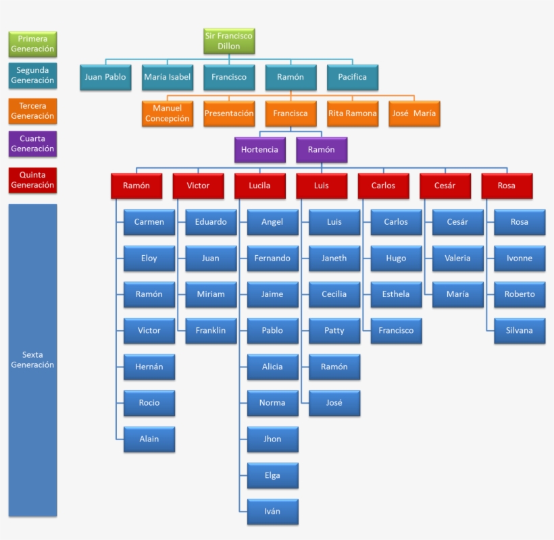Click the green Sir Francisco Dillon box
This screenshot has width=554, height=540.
coord(229,41)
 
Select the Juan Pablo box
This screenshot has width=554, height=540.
coord(105,78)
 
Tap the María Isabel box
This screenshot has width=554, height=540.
coord(167,78)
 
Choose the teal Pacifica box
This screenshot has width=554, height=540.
coord(352,78)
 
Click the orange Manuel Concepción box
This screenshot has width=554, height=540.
coord(167,113)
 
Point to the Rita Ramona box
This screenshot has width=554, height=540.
coord(352,113)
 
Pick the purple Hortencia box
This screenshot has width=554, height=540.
coord(259,150)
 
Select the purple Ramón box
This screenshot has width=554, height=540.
coord(322,150)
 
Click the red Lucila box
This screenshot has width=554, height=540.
coord(259,186)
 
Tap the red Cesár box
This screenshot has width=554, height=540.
coord(445,186)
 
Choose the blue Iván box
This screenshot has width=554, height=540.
coord(272,512)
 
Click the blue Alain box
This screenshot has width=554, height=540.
coord(149,439)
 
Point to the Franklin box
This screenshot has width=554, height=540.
coord(211,331)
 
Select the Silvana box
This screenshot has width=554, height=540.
coord(520,331)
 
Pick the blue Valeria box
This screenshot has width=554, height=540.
coord(457,259)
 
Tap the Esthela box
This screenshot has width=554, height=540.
coord(396,294)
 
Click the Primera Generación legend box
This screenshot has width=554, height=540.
coord(32,44)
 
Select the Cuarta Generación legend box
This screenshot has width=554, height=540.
coord(32,144)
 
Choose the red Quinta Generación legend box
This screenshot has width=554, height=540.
coord(32,180)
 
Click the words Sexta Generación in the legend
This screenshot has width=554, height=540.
coord(32,360)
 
